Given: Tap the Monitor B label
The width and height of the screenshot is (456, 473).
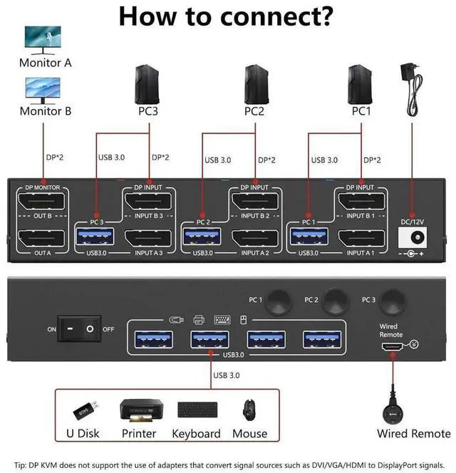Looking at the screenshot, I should [x=46, y=111].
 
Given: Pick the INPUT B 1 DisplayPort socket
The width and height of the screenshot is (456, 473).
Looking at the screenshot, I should [x=361, y=202].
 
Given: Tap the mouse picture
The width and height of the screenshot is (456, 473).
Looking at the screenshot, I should [x=250, y=411].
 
